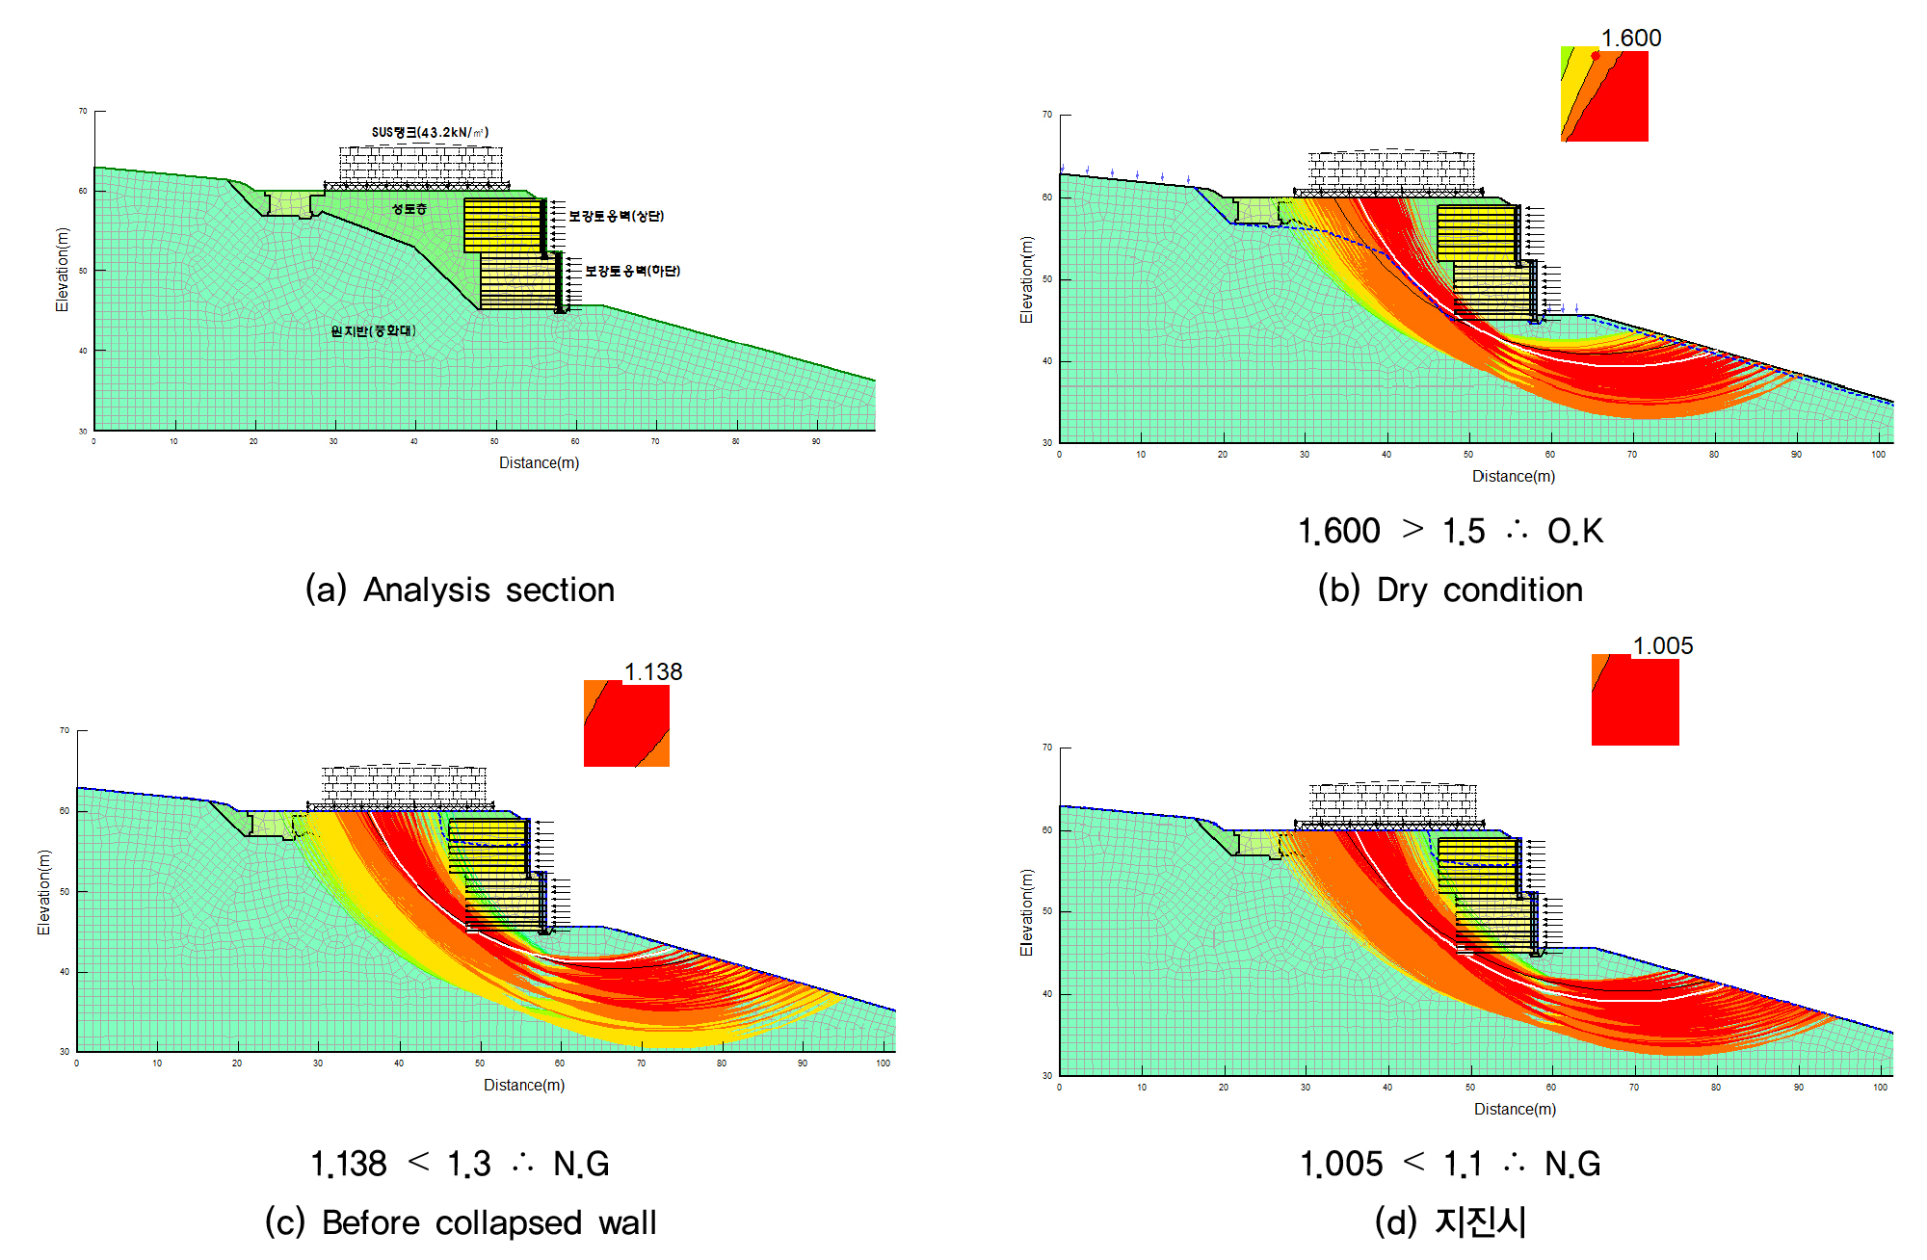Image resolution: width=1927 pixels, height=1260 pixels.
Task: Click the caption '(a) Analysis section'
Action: (x=460, y=590)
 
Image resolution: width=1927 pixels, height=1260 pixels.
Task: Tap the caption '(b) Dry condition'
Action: (x=1450, y=590)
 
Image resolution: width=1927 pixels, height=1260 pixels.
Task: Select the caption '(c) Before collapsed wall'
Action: (x=461, y=1222)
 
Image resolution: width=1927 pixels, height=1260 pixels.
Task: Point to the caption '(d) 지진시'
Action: (x=1450, y=1221)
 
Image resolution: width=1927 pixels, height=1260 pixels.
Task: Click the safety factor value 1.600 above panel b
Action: (x=1630, y=38)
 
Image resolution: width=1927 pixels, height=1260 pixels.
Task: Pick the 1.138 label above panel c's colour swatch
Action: (x=653, y=671)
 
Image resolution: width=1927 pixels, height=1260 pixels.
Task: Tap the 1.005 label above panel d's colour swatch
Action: (x=1662, y=645)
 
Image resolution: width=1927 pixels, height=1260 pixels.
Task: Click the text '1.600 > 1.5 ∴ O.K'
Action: (x=1450, y=531)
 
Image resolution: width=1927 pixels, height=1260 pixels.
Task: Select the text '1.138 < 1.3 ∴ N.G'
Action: (x=460, y=1164)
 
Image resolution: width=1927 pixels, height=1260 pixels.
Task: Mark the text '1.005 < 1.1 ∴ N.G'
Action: (x=1450, y=1164)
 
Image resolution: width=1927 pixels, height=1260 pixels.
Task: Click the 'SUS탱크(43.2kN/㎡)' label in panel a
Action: (x=430, y=132)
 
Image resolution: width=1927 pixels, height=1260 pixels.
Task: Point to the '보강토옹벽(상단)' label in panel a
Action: (x=616, y=216)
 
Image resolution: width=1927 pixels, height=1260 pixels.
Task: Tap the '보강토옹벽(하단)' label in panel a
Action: (x=632, y=271)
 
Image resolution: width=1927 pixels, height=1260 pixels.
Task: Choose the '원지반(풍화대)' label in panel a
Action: (x=373, y=330)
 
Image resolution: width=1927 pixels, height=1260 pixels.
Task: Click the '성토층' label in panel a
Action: (x=409, y=209)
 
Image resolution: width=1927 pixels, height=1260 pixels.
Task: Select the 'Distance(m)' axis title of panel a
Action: (x=539, y=462)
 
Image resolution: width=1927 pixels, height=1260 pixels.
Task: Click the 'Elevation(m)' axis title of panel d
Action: (x=1026, y=912)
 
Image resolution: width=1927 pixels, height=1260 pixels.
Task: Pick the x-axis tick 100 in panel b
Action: (x=1878, y=455)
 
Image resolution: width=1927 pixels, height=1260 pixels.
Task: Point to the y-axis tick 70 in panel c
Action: (x=65, y=730)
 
